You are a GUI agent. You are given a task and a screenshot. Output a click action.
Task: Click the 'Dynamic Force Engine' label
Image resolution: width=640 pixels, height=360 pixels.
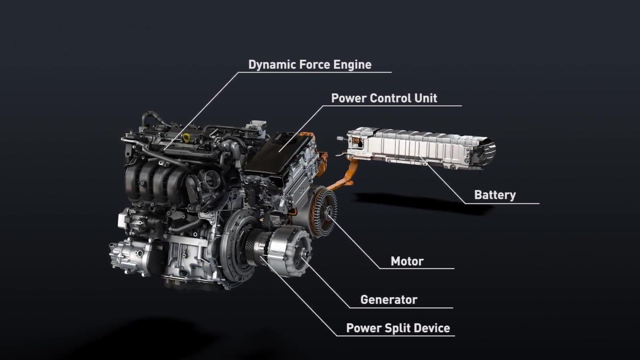[x=310, y=65]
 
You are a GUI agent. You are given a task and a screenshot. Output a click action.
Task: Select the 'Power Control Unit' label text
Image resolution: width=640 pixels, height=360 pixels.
[x=384, y=98]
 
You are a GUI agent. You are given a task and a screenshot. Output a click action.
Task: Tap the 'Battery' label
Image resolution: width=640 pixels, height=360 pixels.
[x=495, y=195]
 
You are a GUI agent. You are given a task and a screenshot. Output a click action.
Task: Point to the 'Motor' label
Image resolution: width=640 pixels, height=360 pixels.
[x=407, y=261]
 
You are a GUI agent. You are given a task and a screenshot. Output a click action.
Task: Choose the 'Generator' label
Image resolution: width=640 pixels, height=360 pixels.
[x=389, y=300]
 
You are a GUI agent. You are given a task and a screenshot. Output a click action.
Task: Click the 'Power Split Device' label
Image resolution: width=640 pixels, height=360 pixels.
[x=398, y=328]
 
